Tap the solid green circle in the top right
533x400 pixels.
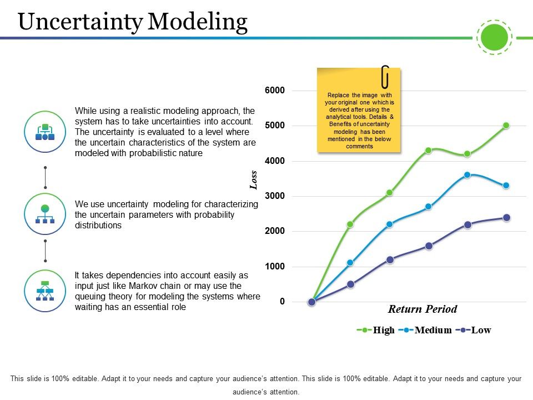click(494, 38)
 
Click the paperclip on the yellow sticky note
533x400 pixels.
click(385, 77)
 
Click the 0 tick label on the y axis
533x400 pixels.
click(282, 302)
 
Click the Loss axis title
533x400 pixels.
click(254, 180)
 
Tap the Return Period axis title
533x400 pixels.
click(422, 309)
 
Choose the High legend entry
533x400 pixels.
click(383, 330)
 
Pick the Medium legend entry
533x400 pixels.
click(433, 330)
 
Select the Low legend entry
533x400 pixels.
click(480, 330)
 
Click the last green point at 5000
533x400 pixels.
click(506, 126)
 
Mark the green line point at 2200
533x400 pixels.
click(350, 224)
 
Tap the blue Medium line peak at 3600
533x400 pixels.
click(467, 174)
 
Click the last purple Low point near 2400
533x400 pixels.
click(506, 218)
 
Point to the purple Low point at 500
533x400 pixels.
click(350, 284)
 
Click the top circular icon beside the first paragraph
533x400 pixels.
click(45, 132)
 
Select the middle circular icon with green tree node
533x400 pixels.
click(45, 214)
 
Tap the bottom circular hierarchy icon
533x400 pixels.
click(45, 291)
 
